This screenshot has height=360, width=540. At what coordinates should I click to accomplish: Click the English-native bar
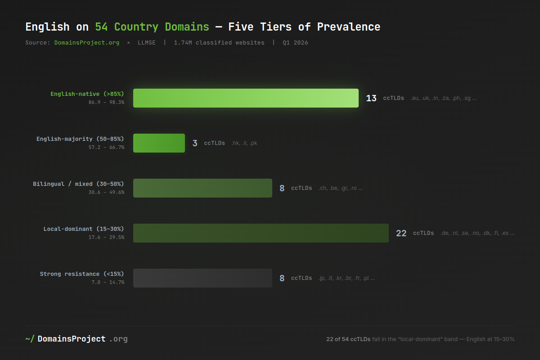pos(246,98)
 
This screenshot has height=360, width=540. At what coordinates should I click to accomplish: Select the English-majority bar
pos(159,143)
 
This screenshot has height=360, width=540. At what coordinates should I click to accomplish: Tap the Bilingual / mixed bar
pos(202,188)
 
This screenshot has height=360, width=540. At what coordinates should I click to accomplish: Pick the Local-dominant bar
pos(261,233)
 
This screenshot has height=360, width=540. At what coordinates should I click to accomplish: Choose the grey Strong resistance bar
pos(202,278)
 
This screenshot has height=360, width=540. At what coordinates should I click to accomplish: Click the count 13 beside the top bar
pos(371,98)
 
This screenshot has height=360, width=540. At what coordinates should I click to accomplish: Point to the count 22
pos(401,233)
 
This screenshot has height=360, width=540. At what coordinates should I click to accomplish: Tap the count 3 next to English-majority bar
pos(195,143)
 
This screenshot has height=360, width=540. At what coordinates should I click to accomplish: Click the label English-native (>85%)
pos(87,94)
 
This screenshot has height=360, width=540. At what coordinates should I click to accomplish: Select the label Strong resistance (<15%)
pos(82,274)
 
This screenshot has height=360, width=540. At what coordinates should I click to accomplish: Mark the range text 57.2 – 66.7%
pos(106,147)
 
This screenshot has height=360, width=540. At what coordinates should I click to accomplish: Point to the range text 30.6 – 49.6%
pos(106,192)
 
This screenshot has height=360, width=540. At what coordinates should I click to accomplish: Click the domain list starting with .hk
pos(244,143)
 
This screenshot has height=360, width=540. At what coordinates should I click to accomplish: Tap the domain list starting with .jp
pos(346,278)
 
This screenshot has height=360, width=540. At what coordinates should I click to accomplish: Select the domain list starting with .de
pos(477,233)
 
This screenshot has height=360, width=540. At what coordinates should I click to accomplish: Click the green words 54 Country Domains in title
pos(152,27)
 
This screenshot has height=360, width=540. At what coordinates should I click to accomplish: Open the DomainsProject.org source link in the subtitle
pos(87,43)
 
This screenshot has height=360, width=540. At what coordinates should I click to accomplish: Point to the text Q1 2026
pos(295,43)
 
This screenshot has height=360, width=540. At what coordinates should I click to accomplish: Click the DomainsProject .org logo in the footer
pos(76,339)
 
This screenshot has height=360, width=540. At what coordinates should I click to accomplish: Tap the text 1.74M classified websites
pos(219,43)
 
